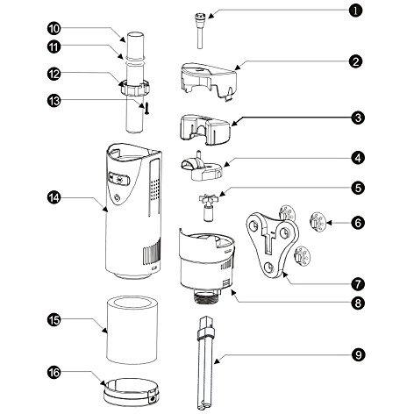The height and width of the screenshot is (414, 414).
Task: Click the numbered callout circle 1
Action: pyautogui.click(x=355, y=11)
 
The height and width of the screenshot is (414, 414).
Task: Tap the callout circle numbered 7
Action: pyautogui.click(x=358, y=283)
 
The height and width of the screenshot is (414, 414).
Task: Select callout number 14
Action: pyautogui.click(x=54, y=197)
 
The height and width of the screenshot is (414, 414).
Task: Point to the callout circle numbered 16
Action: pyautogui.click(x=54, y=372)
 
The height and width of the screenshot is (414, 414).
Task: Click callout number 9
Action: pyautogui.click(x=359, y=354)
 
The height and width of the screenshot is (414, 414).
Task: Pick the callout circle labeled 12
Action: pyautogui.click(x=54, y=74)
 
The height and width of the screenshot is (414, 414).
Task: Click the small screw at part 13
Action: pyautogui.click(x=146, y=108)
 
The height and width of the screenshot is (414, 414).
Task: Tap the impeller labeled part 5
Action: pyautogui.click(x=208, y=207)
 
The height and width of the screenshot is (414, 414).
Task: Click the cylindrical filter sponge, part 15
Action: pyautogui.click(x=132, y=330)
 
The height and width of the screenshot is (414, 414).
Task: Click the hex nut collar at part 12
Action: pyautogui.click(x=135, y=87)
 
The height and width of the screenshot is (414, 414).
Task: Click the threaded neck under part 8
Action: pyautogui.click(x=207, y=297)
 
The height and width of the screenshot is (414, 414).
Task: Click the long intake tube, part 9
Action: pyautogui.click(x=205, y=363)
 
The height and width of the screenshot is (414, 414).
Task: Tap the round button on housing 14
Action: pyautogui.click(x=117, y=198)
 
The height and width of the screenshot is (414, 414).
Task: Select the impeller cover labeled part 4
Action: pyautogui.click(x=203, y=167)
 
